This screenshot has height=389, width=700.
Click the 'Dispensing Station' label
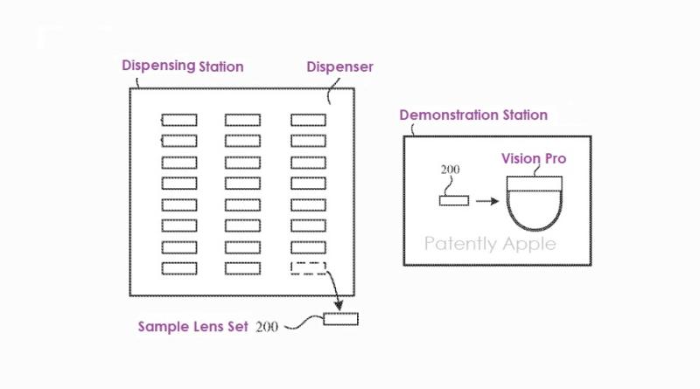pos(181,66)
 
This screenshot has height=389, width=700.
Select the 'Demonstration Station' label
pos(473,115)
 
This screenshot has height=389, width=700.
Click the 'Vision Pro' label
pos(533,159)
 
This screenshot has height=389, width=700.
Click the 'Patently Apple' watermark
pos(490,243)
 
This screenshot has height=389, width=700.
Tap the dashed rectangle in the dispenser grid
pos(308,267)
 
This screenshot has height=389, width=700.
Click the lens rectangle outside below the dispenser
pos(340,319)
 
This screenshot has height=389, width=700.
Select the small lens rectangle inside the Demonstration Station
pos(453,200)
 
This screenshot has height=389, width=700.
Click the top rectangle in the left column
pos(178,120)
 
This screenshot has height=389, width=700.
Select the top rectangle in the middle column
pos(243,120)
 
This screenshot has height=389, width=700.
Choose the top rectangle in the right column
pos(308,120)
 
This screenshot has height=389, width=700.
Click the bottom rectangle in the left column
pos(178,267)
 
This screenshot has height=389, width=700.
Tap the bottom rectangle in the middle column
pos(243,267)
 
